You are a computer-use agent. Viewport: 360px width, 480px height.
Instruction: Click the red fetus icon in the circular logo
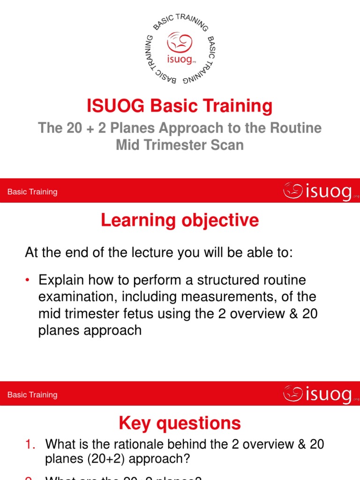[x=180, y=44]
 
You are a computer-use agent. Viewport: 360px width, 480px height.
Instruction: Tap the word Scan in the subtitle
[x=228, y=145]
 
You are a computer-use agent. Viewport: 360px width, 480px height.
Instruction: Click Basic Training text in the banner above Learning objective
[x=32, y=192]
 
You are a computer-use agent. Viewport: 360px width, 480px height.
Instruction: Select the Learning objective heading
[x=180, y=220]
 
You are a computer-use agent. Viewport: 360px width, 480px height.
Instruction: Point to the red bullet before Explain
[x=28, y=280]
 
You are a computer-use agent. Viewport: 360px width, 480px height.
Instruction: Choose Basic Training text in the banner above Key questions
[x=32, y=395]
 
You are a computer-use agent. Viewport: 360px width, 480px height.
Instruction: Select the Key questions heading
[x=180, y=423]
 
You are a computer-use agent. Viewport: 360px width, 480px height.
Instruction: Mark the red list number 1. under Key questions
[x=30, y=444]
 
